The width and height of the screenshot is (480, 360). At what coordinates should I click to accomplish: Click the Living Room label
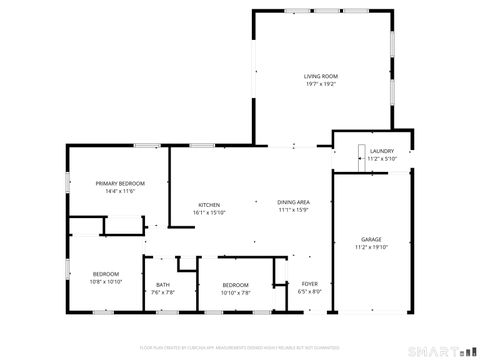click(321, 76)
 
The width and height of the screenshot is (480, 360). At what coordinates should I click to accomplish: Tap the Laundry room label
click(382, 151)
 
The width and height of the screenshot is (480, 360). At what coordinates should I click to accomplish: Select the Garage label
click(371, 239)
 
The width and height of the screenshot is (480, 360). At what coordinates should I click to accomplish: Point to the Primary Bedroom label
click(120, 183)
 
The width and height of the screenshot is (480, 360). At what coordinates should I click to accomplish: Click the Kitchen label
click(209, 204)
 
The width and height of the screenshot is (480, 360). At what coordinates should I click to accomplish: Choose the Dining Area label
click(293, 203)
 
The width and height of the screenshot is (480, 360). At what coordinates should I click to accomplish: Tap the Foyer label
click(310, 284)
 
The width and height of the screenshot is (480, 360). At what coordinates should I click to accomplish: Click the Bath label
click(163, 285)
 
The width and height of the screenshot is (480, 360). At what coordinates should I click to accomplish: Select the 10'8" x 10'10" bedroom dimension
click(107, 282)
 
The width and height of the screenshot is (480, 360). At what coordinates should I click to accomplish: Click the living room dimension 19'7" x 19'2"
click(321, 84)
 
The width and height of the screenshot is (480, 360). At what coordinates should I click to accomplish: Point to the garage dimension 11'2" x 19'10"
click(371, 247)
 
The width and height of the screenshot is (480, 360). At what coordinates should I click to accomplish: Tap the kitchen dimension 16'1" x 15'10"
click(209, 212)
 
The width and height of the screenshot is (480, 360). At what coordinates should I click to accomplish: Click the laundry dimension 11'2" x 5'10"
click(382, 159)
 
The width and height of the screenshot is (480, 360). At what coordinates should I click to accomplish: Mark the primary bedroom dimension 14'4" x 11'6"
click(120, 191)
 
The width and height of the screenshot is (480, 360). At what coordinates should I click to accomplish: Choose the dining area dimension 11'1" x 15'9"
click(293, 211)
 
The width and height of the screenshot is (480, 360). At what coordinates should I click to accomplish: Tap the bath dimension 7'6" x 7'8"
click(163, 292)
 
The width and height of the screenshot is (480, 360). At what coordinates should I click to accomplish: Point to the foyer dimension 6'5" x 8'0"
click(310, 292)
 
